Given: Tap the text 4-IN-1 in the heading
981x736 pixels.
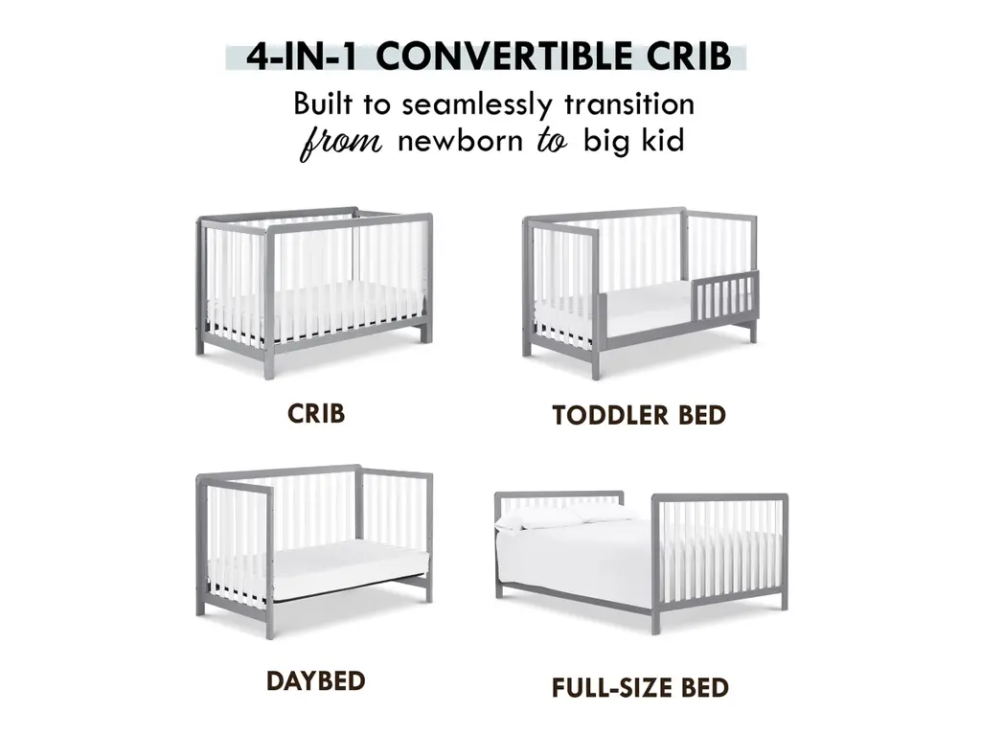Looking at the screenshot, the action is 302,57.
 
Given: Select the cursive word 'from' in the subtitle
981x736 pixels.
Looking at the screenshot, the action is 341,143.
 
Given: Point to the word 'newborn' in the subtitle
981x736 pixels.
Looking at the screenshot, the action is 460,140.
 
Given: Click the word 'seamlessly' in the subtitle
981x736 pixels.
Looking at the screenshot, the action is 477,104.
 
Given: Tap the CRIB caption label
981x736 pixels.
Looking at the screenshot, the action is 316,414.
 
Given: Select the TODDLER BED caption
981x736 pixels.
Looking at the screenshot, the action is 639,416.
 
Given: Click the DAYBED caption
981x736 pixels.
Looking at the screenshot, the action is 316,681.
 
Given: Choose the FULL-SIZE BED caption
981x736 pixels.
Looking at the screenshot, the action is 640,688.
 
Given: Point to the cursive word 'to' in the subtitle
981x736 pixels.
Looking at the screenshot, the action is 552,141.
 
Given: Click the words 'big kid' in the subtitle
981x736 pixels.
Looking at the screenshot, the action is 634,140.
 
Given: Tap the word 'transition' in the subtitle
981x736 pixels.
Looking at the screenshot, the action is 629,103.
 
